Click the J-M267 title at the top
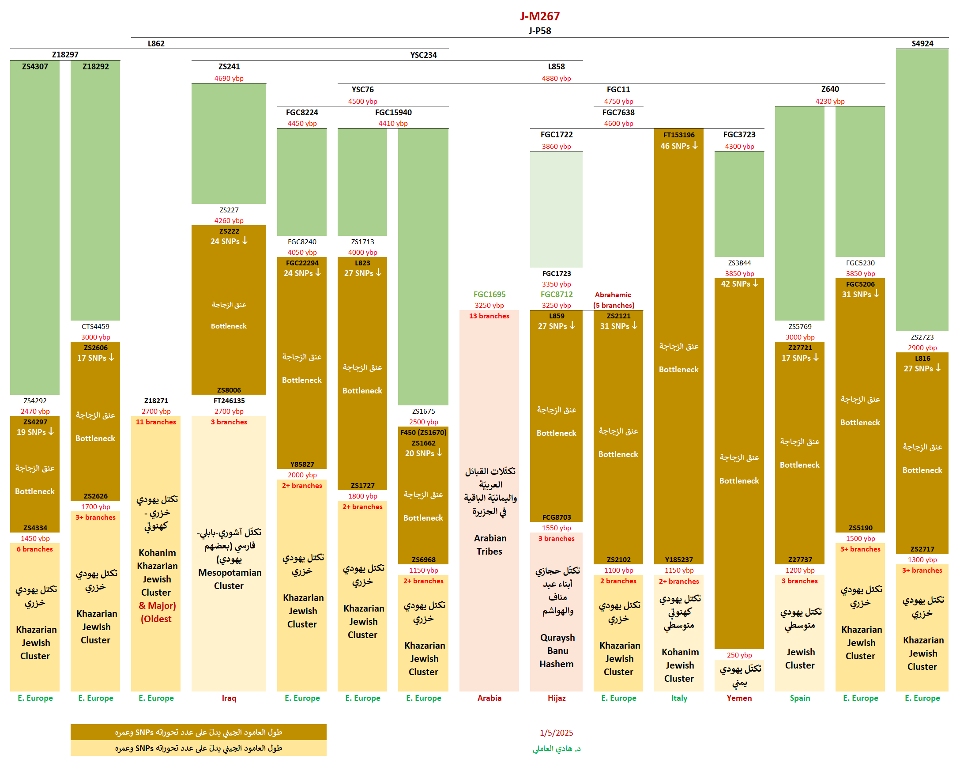540,16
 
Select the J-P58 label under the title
540,31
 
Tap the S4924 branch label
922,43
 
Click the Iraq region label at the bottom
229,698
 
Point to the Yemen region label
739,698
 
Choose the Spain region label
800,698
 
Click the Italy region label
679,698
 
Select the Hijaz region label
557,698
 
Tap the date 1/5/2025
557,733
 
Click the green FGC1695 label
489,295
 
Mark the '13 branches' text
489,316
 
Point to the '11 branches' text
156,422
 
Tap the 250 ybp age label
739,655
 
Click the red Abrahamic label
613,295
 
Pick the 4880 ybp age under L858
556,79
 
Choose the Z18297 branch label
65,54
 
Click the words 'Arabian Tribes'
489,544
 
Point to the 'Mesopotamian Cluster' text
230,579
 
